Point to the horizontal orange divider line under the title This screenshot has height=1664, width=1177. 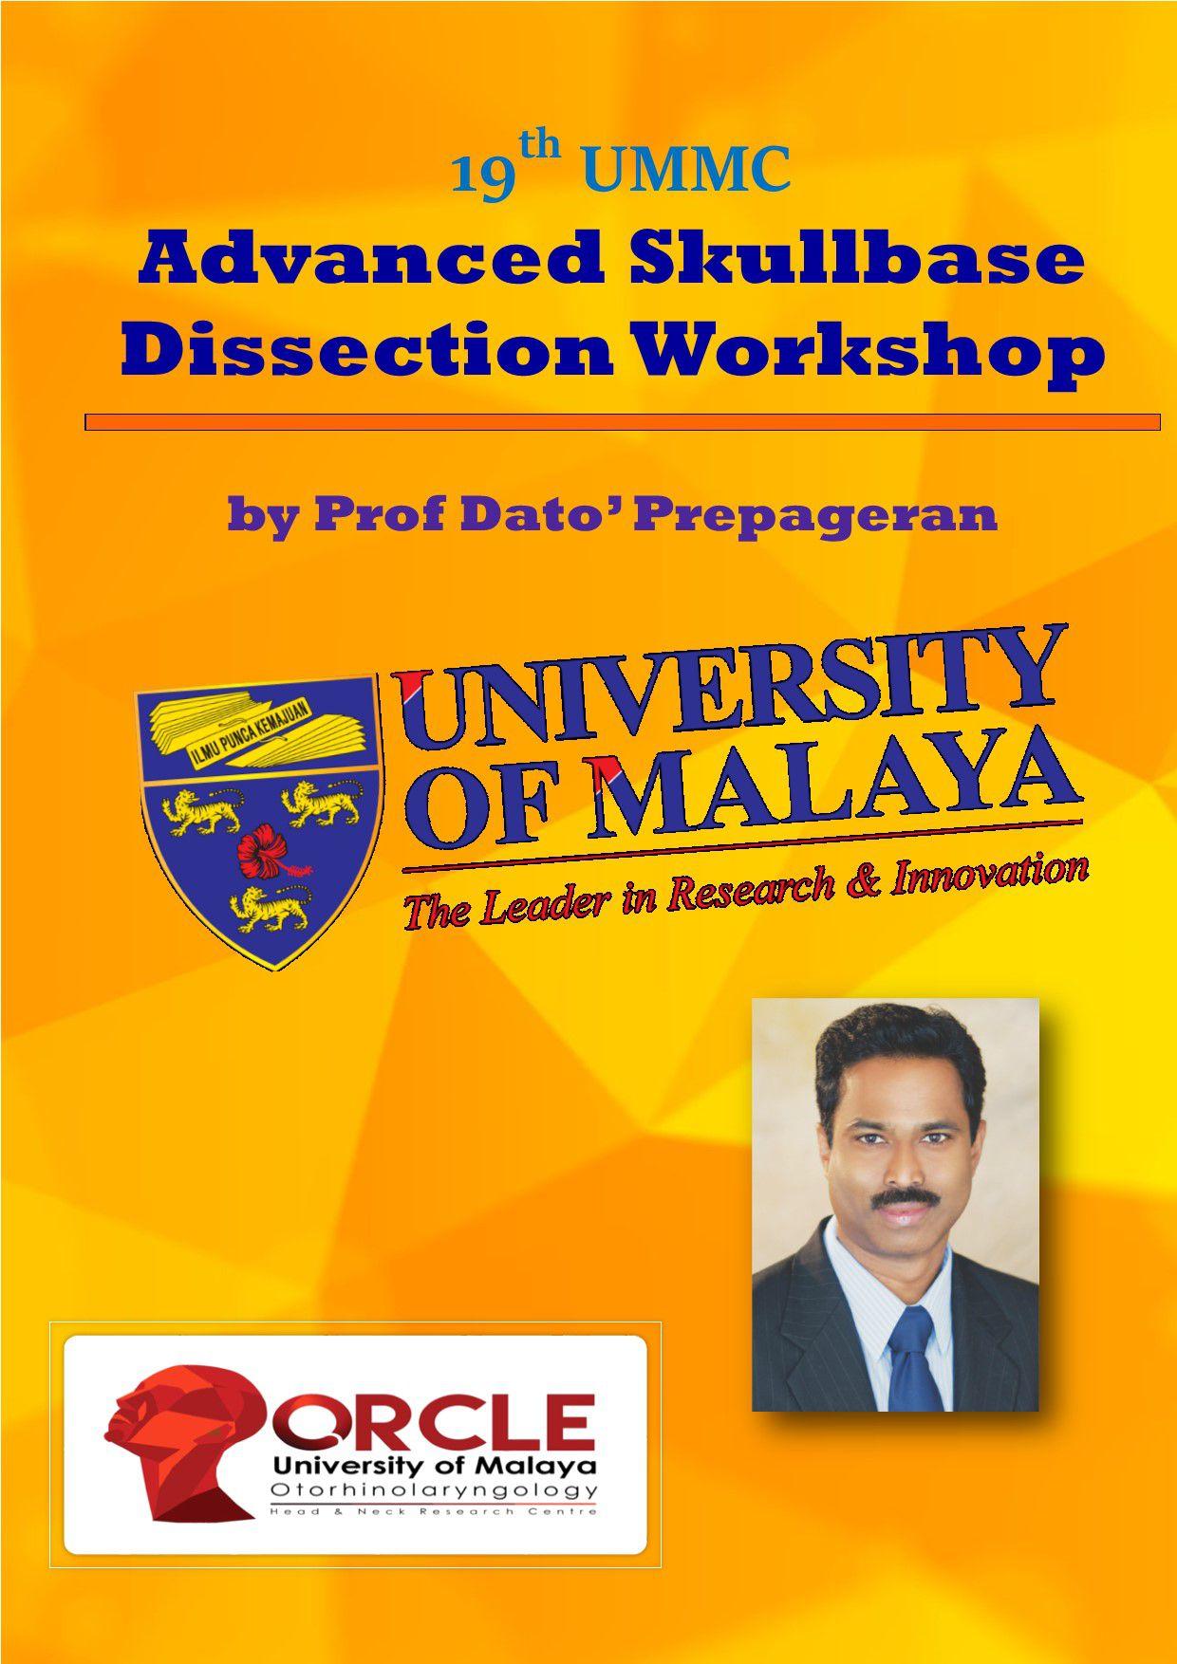pyautogui.click(x=623, y=422)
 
